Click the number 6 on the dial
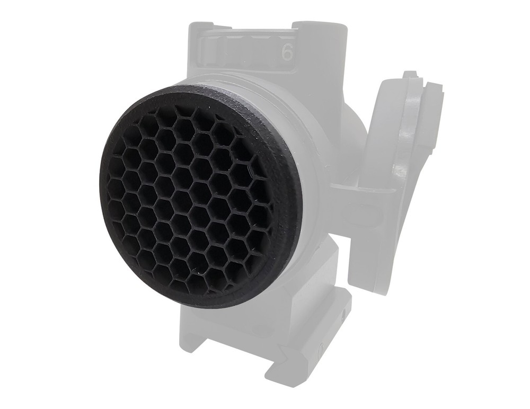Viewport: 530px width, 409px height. (x=287, y=52)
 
